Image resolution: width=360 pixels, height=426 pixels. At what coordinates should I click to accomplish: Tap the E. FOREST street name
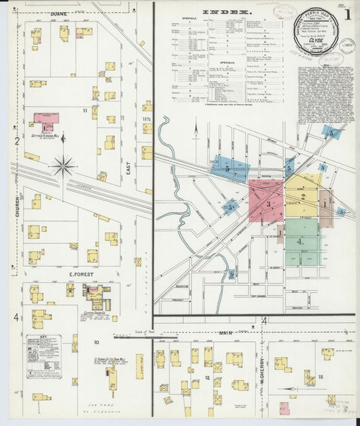point(80,275)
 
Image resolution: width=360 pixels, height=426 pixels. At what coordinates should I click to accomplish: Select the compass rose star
point(63,163)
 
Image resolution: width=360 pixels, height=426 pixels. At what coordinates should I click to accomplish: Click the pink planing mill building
point(46,117)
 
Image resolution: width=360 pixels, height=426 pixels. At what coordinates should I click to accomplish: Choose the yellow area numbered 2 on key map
point(303,196)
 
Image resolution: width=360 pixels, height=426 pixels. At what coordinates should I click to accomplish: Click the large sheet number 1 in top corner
point(348,14)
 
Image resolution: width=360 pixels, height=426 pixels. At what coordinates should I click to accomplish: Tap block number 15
point(321,376)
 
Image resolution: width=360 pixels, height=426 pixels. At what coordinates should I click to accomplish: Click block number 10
point(97,342)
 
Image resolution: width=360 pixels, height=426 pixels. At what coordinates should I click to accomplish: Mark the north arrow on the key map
point(195,128)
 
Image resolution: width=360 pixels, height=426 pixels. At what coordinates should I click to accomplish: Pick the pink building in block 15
point(285,408)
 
